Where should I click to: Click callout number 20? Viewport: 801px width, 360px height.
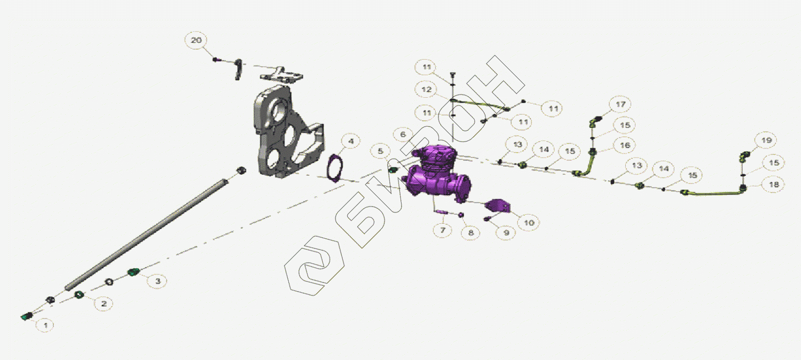coord(197,40)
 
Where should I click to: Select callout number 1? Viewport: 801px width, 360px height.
coord(45,325)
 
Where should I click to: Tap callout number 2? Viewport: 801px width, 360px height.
coord(104,303)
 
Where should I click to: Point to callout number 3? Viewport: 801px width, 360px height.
coord(158,281)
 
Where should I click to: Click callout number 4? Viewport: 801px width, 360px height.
coord(351,141)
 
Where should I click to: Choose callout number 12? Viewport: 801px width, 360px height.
coord(427,89)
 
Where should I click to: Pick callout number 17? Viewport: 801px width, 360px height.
coord(621,104)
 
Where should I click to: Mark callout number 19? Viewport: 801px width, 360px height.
coord(766,140)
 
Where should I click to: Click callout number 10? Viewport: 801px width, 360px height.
coord(529,223)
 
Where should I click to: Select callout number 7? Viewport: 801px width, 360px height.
coord(443,230)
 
